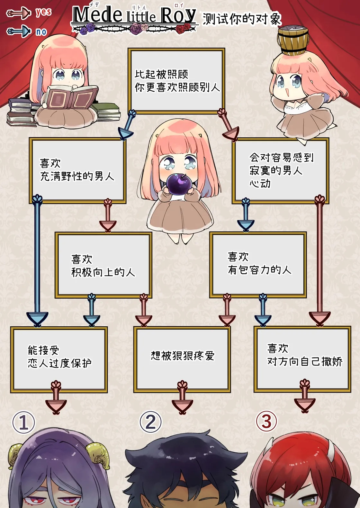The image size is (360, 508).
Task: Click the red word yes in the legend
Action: pyautogui.click(x=43, y=12)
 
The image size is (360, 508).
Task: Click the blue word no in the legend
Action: pyautogui.click(x=41, y=32)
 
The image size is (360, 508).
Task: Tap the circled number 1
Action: pyautogui.click(x=23, y=422)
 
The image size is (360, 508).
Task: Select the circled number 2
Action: pyautogui.click(x=150, y=422)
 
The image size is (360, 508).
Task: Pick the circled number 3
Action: pyautogui.click(x=266, y=421)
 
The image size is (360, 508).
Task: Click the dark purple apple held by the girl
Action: pyautogui.click(x=179, y=184)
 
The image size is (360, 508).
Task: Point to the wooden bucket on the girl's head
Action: pyautogui.click(x=293, y=40)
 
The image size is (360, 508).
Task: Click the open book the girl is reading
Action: pyautogui.click(x=71, y=97)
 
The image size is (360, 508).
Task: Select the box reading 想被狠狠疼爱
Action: pyautogui.click(x=182, y=359)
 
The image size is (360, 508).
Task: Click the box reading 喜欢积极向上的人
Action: pyautogui.click(x=103, y=265)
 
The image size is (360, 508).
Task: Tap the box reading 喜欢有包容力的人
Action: pyautogui.click(x=258, y=265)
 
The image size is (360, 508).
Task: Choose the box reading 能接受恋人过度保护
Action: pyautogui.click(x=59, y=359)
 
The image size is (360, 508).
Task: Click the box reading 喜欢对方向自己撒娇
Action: pyautogui.click(x=302, y=359)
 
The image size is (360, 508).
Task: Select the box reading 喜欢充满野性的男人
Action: pyautogui.click(x=77, y=171)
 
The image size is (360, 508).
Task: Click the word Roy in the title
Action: pyautogui.click(x=178, y=15)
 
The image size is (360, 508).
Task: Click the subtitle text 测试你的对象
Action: pyautogui.click(x=242, y=19)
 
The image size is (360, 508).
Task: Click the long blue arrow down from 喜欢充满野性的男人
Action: pyautogui.click(x=37, y=257)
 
